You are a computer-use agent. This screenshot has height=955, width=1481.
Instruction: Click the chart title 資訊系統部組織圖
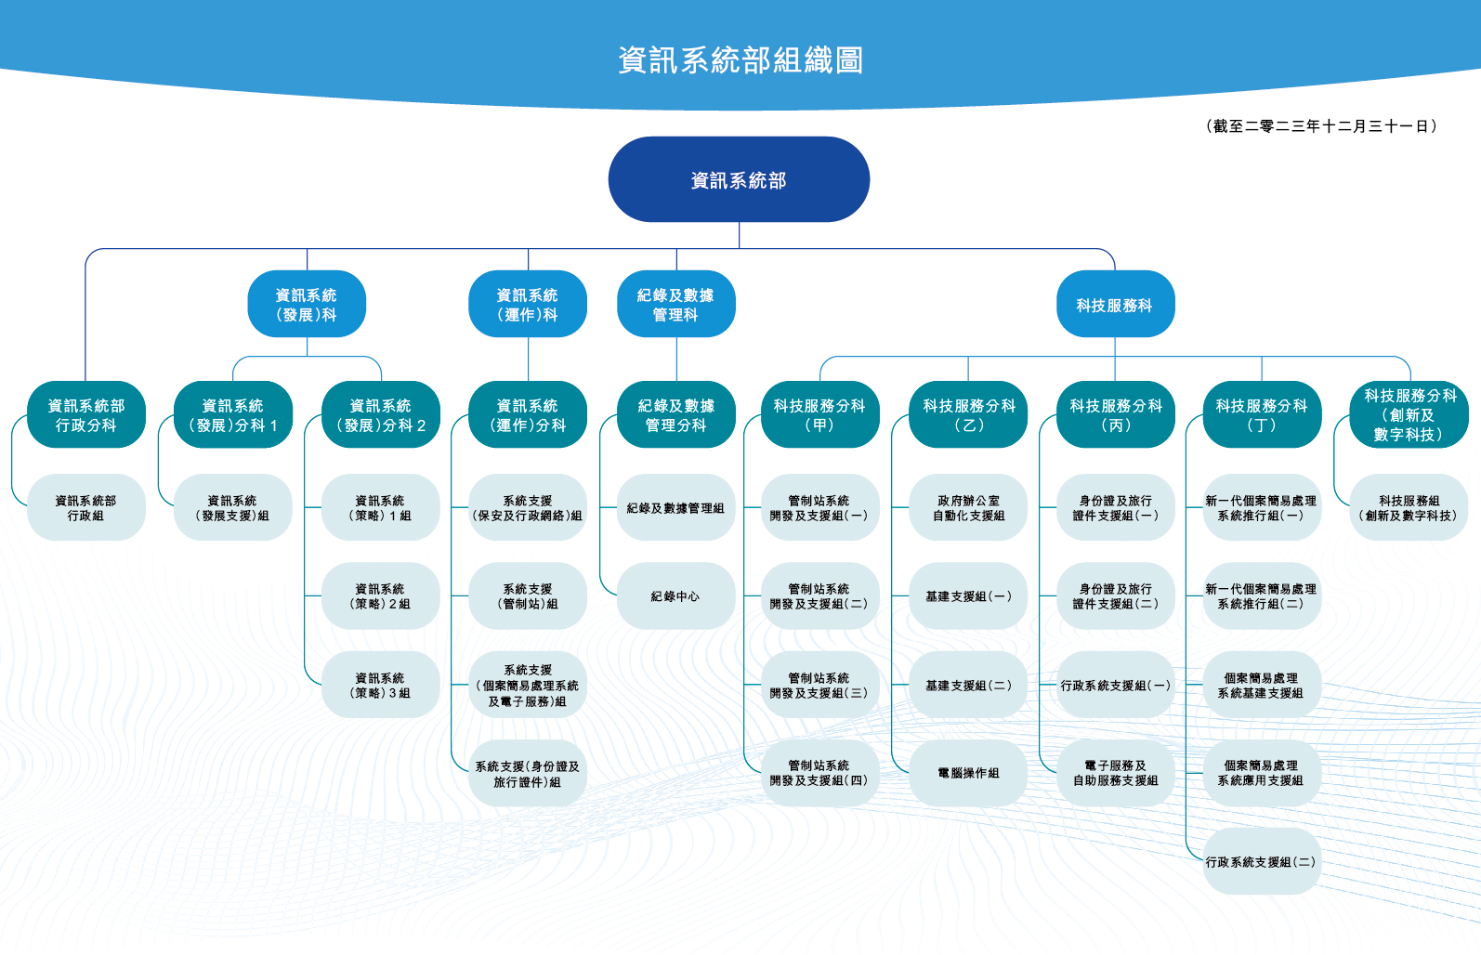[x=740, y=60]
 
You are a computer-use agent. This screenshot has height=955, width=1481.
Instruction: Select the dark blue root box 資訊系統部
[x=739, y=180]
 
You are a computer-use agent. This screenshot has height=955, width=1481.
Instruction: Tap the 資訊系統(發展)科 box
[x=307, y=304]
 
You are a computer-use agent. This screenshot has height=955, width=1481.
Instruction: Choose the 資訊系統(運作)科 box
[x=528, y=304]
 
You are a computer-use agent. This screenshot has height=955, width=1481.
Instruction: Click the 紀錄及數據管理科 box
[x=676, y=304]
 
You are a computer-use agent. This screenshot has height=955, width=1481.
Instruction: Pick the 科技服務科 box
[x=1115, y=304]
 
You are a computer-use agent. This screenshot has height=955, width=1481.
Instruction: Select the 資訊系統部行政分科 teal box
[x=86, y=414]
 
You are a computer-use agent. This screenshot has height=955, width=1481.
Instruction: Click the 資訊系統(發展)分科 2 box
[x=381, y=414]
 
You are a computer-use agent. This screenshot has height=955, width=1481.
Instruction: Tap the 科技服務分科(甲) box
[x=819, y=414]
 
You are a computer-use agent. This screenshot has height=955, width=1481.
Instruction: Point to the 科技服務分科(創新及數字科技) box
[x=1409, y=414]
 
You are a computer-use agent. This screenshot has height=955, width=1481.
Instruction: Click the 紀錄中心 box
[x=676, y=596]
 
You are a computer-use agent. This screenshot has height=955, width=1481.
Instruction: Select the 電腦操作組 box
[x=968, y=773]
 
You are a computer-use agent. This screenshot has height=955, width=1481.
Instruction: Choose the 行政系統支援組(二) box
[x=1262, y=861]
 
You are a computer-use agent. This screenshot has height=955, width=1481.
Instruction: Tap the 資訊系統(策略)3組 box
[x=381, y=685]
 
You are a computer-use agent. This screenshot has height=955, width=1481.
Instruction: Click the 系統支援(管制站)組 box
[x=528, y=596]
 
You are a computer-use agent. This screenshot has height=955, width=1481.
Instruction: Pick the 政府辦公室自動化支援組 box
[x=968, y=507]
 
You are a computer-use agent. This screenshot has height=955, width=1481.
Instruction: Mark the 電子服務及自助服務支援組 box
[x=1115, y=773]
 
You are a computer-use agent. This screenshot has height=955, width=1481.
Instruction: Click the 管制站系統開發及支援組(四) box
[x=819, y=773]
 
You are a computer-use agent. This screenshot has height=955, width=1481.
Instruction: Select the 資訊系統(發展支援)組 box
[x=232, y=507]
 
